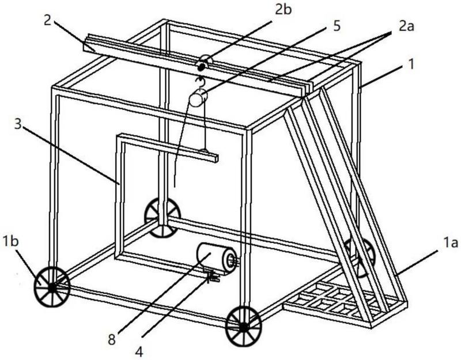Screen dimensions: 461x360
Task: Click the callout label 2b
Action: coord(284,10)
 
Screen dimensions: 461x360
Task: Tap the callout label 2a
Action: coord(406,27)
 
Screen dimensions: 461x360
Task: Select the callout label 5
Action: coord(337,26)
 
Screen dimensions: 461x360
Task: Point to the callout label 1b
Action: coord(10,241)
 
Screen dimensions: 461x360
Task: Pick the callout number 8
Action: coord(111,340)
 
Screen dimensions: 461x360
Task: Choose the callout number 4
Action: coord(139,351)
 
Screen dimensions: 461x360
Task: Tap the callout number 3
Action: coord(18,124)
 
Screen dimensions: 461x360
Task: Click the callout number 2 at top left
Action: coord(48,21)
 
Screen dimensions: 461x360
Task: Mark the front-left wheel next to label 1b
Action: coord(52,287)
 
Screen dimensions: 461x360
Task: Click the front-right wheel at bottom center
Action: coord(243,326)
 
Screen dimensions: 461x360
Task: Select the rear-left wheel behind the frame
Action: coord(163,218)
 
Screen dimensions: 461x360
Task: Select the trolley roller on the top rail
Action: coord(203,64)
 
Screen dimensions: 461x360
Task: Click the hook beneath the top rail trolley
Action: coord(200,82)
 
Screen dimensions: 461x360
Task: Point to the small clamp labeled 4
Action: coord(212,277)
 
